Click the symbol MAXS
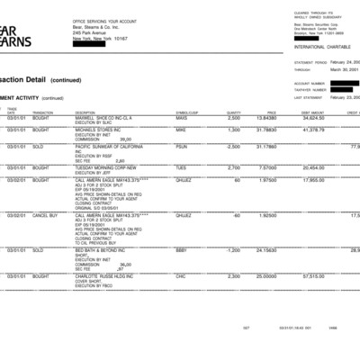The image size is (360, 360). [x=181, y=118]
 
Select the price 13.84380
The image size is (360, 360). [x=265, y=118]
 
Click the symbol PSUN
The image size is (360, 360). [x=181, y=146]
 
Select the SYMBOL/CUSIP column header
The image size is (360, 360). [x=187, y=112]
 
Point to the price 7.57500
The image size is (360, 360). [x=267, y=167]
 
